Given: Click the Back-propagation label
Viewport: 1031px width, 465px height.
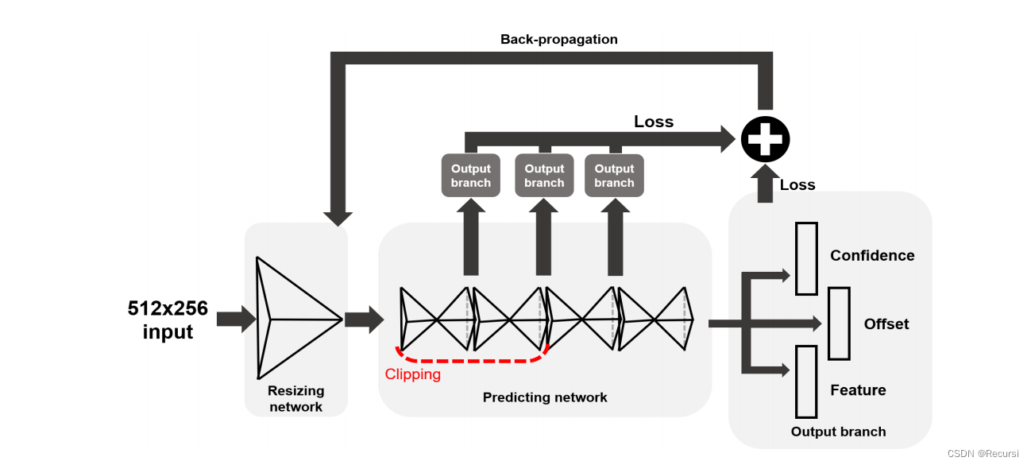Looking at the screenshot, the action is pyautogui.click(x=558, y=40).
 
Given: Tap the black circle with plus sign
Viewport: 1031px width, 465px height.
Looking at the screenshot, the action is pyautogui.click(x=765, y=139).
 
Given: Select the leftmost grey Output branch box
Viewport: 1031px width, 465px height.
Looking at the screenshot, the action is pyautogui.click(x=470, y=176).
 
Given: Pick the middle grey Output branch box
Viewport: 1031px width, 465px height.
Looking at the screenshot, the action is pyautogui.click(x=544, y=176).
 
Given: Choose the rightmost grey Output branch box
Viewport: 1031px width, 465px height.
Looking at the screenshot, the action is pyautogui.click(x=614, y=176).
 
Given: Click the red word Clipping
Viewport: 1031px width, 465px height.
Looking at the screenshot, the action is pyautogui.click(x=413, y=374).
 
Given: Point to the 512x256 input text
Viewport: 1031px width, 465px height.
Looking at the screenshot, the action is pyautogui.click(x=168, y=320).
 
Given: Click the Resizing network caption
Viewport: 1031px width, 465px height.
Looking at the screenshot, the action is pyautogui.click(x=296, y=399).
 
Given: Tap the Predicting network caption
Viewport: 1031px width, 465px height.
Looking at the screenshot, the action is pyautogui.click(x=545, y=397).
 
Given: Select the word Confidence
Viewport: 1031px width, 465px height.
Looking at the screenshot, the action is pyautogui.click(x=872, y=255).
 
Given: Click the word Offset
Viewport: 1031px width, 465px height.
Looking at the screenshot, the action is pyautogui.click(x=886, y=324).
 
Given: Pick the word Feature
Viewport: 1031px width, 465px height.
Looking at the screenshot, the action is pyautogui.click(x=858, y=390).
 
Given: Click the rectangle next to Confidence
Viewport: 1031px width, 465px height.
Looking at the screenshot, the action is pyautogui.click(x=806, y=259).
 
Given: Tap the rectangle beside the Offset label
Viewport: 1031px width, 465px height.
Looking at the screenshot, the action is pyautogui.click(x=839, y=324).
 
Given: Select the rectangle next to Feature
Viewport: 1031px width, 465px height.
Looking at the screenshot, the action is pyautogui.click(x=806, y=382).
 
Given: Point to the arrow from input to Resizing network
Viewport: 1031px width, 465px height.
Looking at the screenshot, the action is pyautogui.click(x=236, y=319).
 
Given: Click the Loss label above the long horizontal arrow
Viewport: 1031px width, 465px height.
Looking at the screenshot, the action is pyautogui.click(x=654, y=122).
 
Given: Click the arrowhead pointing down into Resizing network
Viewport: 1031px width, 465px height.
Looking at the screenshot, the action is pyautogui.click(x=338, y=219).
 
